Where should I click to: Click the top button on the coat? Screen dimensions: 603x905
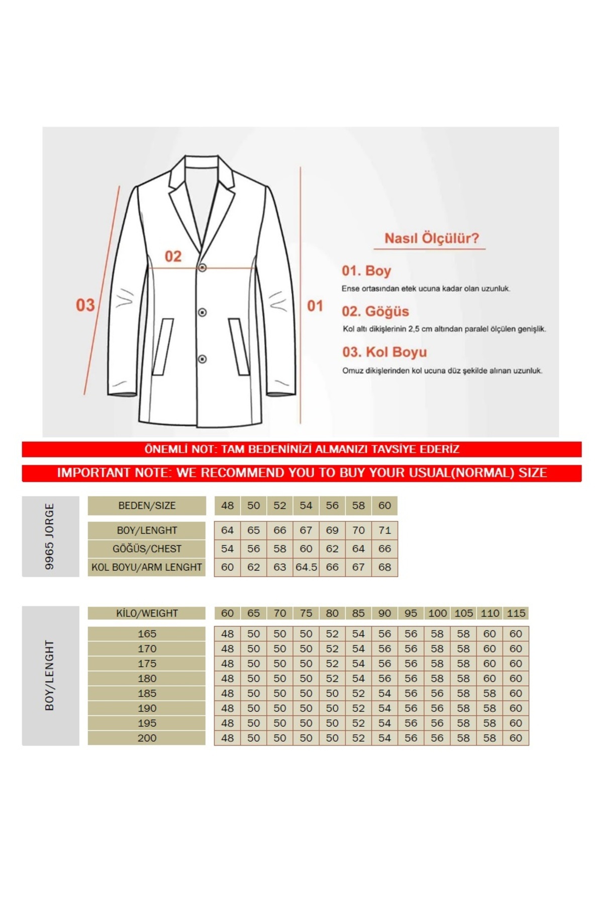(x=202, y=268)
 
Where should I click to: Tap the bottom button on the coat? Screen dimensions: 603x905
(x=202, y=359)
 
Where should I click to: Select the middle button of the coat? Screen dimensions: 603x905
(x=202, y=313)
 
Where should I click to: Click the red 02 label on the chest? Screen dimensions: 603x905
(x=173, y=256)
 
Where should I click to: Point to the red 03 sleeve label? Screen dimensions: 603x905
(x=85, y=305)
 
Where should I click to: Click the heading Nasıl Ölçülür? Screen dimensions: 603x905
(x=432, y=238)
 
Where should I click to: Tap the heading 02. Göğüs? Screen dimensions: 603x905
(x=375, y=311)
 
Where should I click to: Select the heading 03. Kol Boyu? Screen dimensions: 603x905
(x=384, y=352)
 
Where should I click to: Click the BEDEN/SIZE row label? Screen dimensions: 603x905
(x=147, y=506)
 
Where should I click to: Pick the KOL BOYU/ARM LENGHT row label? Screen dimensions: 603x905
(x=147, y=567)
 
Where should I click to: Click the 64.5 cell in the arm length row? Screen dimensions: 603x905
(x=306, y=567)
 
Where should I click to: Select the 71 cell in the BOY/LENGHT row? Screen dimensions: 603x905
(x=384, y=530)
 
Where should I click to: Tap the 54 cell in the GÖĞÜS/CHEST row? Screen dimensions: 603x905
(x=228, y=549)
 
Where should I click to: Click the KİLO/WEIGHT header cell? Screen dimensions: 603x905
(x=147, y=613)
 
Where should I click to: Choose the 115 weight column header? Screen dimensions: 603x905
(x=516, y=613)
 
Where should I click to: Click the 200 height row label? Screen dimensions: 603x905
(x=147, y=738)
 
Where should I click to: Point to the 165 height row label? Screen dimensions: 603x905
(x=147, y=634)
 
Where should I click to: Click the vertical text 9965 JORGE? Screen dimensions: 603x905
(x=49, y=536)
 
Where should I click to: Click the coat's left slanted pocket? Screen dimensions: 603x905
(x=163, y=346)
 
